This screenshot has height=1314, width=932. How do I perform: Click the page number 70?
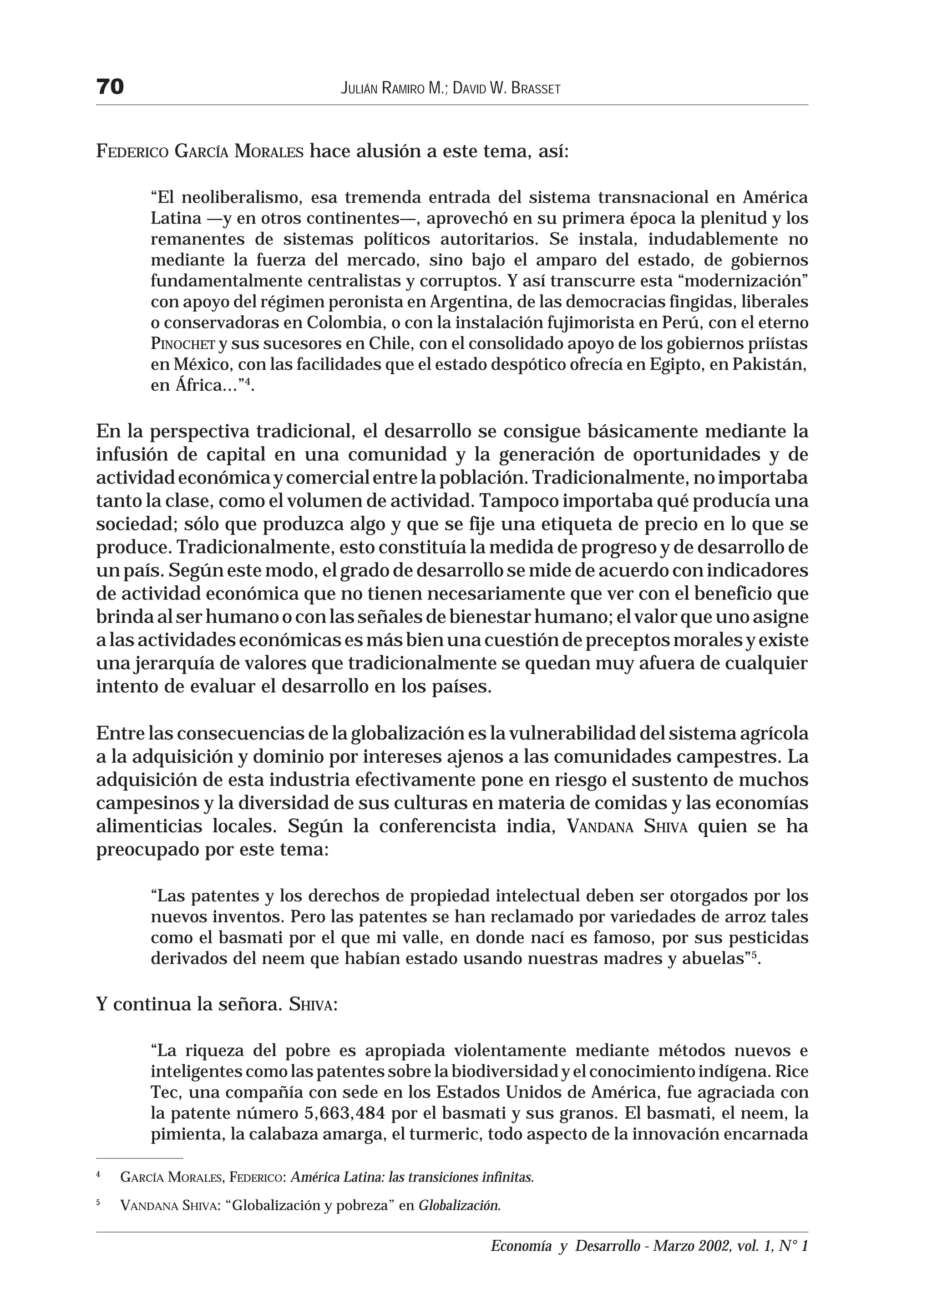110,87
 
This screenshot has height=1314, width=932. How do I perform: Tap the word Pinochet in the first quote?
182,345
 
